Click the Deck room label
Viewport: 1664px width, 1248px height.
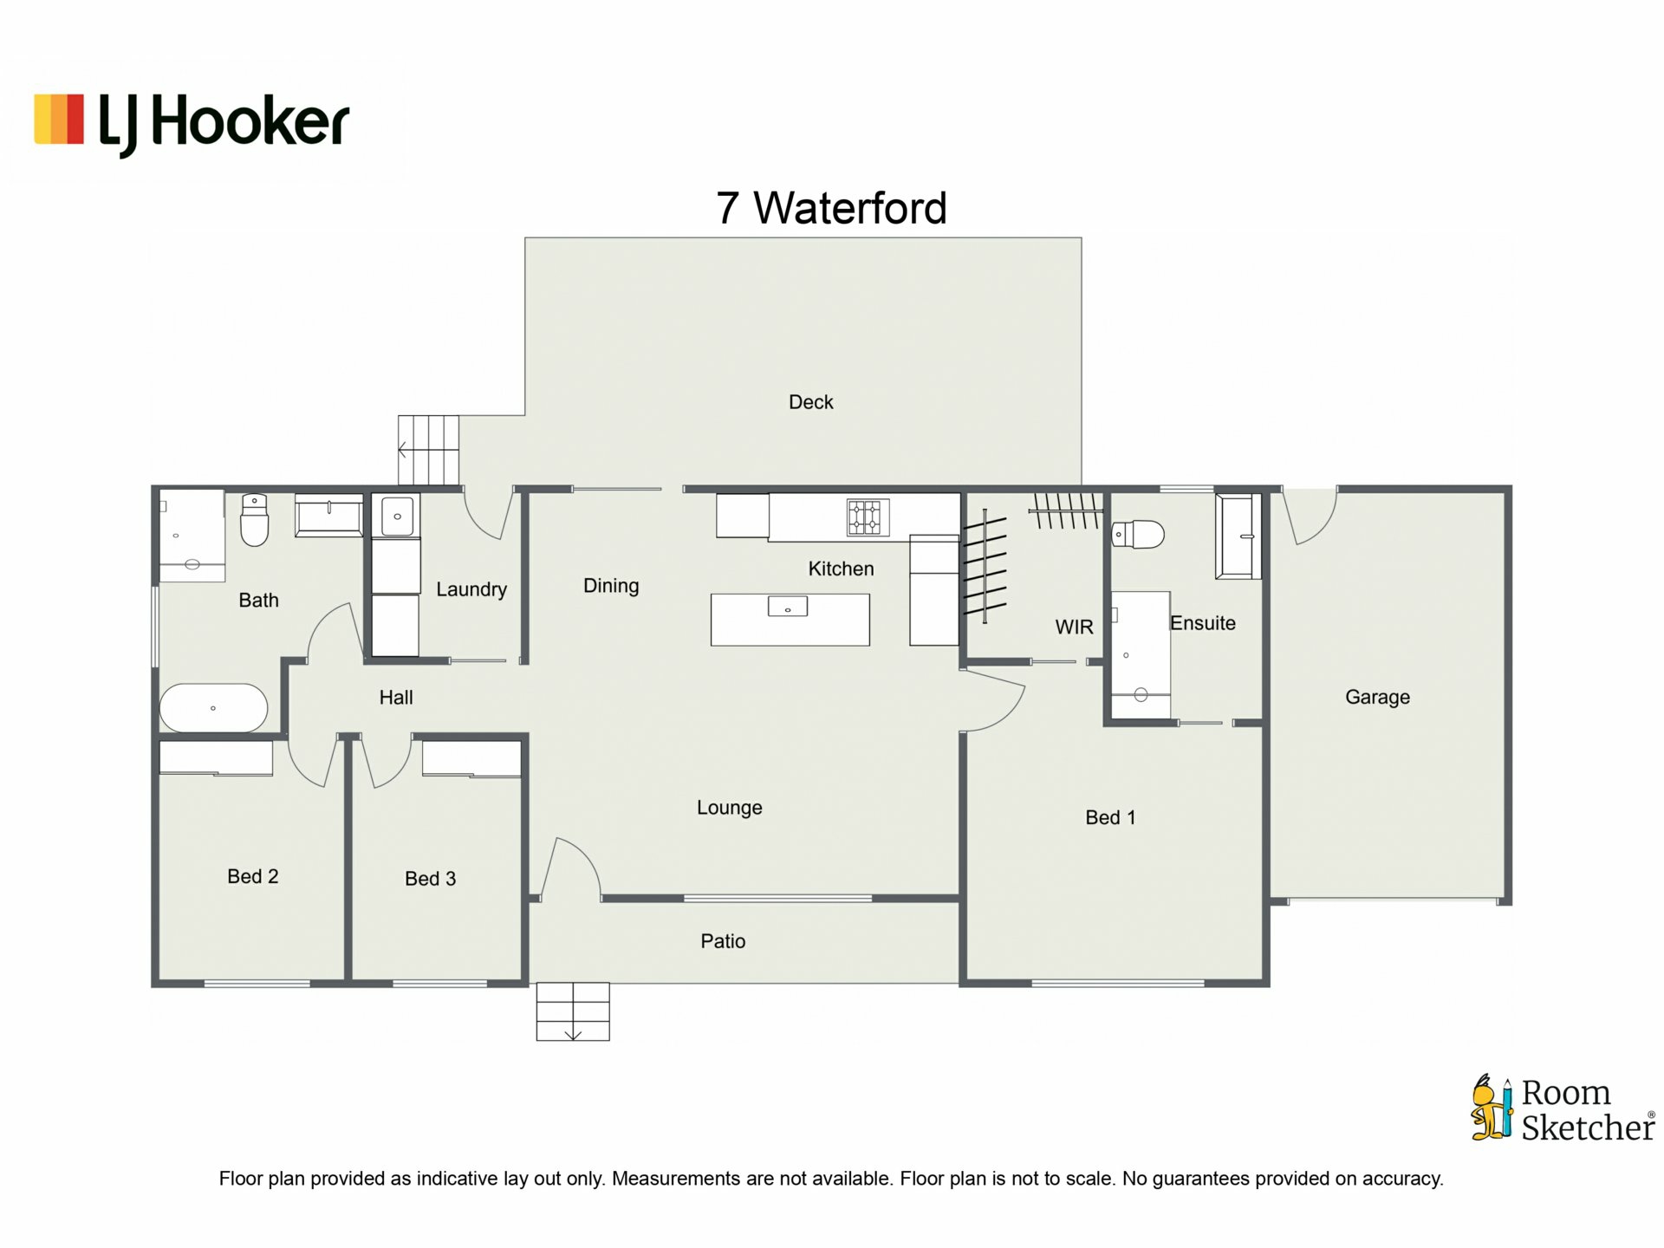(x=810, y=402)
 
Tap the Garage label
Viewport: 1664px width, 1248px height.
(x=1377, y=697)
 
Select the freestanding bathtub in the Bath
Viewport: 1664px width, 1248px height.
(x=214, y=708)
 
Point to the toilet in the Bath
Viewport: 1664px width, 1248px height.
(x=254, y=519)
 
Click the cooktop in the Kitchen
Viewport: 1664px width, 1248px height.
(x=868, y=517)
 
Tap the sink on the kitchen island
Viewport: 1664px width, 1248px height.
(x=788, y=606)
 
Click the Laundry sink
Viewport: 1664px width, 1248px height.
(x=397, y=516)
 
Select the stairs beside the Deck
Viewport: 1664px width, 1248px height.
(x=428, y=450)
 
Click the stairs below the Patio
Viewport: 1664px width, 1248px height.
(x=573, y=1011)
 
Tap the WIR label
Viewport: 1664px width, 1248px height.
(x=1074, y=627)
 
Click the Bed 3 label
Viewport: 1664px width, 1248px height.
(x=430, y=879)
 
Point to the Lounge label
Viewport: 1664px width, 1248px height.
(x=730, y=808)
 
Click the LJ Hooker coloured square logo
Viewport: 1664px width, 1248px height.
(x=59, y=119)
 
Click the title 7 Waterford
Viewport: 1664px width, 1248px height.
(x=831, y=208)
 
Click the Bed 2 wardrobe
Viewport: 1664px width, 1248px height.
(x=216, y=758)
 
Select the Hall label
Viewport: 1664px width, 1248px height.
(x=396, y=698)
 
